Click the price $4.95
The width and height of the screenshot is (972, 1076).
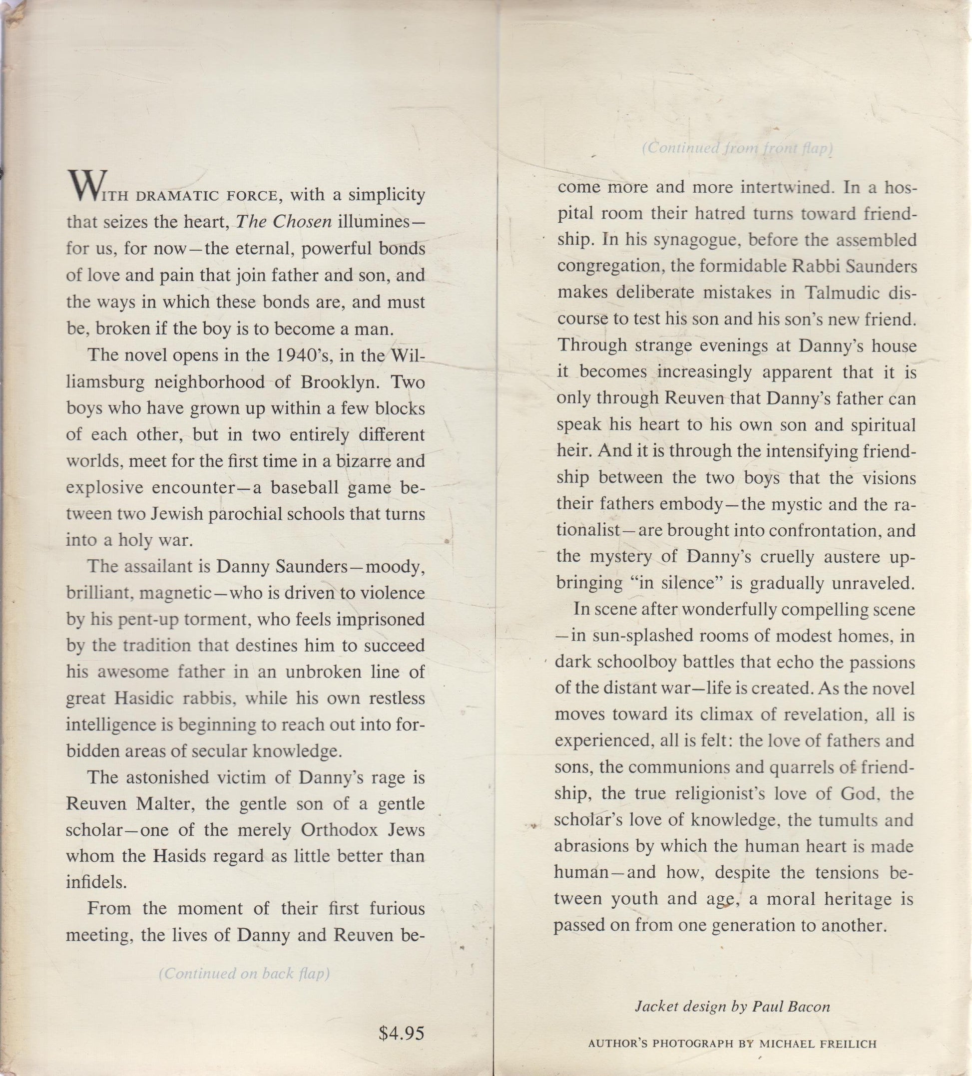401,1033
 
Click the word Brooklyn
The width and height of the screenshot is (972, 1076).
340,381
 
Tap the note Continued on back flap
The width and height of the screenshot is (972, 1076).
244,973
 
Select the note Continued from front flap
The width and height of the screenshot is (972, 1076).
737,148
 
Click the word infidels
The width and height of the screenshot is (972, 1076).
96,882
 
